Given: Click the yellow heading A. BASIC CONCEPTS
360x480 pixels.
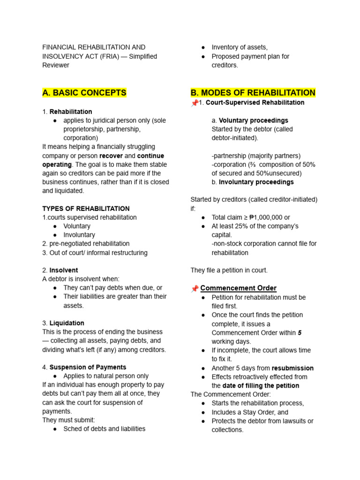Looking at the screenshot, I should pyautogui.click(x=84, y=93).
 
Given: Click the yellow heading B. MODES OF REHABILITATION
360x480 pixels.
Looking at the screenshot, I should pyautogui.click(x=253, y=93).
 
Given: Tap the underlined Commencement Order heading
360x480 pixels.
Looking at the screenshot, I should pyautogui.click(x=239, y=288).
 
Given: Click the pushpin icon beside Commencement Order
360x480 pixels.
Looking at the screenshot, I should pyautogui.click(x=195, y=289).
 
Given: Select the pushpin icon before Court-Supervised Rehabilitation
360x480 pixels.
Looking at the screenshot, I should pyautogui.click(x=195, y=103).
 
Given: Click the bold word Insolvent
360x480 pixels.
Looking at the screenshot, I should pyautogui.click(x=64, y=270).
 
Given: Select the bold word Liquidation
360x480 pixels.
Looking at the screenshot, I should pyautogui.click(x=67, y=323).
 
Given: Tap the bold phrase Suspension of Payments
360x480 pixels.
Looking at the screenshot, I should pyautogui.click(x=88, y=367).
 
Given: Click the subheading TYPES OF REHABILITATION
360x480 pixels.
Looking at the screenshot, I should pyautogui.click(x=86, y=209).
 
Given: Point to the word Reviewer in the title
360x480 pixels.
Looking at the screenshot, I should pyautogui.click(x=56, y=65).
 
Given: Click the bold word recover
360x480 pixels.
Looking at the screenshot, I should pyautogui.click(x=111, y=156).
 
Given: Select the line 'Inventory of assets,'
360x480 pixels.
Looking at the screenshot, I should pyautogui.click(x=240, y=47).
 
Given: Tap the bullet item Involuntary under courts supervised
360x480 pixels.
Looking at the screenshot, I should pyautogui.click(x=79, y=235).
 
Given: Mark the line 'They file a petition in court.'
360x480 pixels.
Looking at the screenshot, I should pyautogui.click(x=229, y=270).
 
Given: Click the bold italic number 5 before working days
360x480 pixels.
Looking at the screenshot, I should pyautogui.click(x=300, y=333).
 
